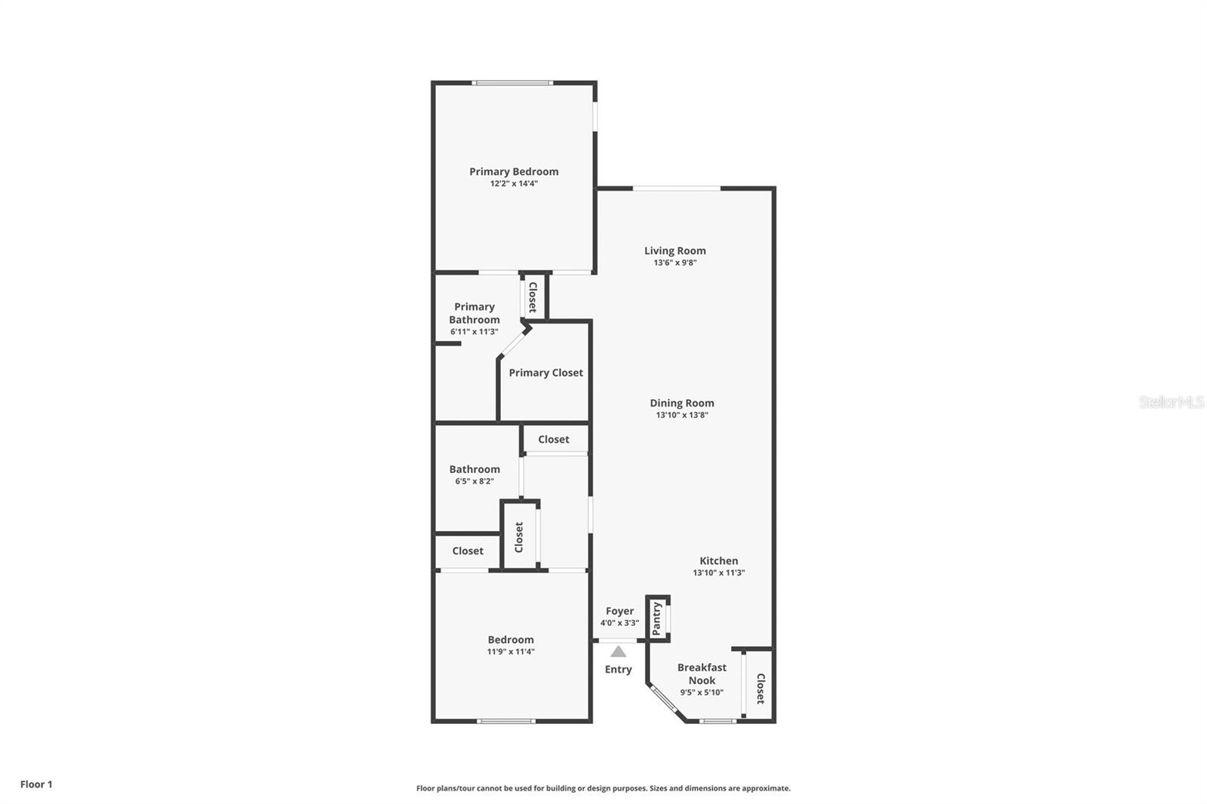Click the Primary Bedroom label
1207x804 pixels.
(x=514, y=172)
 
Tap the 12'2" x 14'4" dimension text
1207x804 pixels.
(x=514, y=184)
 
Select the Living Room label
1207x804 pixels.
(x=675, y=251)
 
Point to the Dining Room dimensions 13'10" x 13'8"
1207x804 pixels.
(x=682, y=415)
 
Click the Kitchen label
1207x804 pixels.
(x=719, y=561)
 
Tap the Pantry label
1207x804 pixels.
(x=656, y=618)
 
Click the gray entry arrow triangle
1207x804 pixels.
(x=618, y=652)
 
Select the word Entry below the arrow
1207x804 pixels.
(x=618, y=669)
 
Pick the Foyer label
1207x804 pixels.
(x=619, y=611)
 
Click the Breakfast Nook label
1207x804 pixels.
(x=702, y=674)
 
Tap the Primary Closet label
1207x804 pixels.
(x=546, y=373)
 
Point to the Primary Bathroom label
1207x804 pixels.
(x=475, y=313)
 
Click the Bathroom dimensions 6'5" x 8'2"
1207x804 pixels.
(x=475, y=481)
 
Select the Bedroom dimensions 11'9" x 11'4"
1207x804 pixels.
(x=511, y=652)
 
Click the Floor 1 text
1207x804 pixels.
(x=37, y=784)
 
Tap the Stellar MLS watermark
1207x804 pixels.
(x=1172, y=401)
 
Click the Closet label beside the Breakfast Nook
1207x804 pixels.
(x=760, y=689)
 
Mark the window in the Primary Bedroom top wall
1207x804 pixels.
(x=512, y=83)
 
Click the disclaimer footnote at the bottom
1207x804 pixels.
(x=603, y=788)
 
